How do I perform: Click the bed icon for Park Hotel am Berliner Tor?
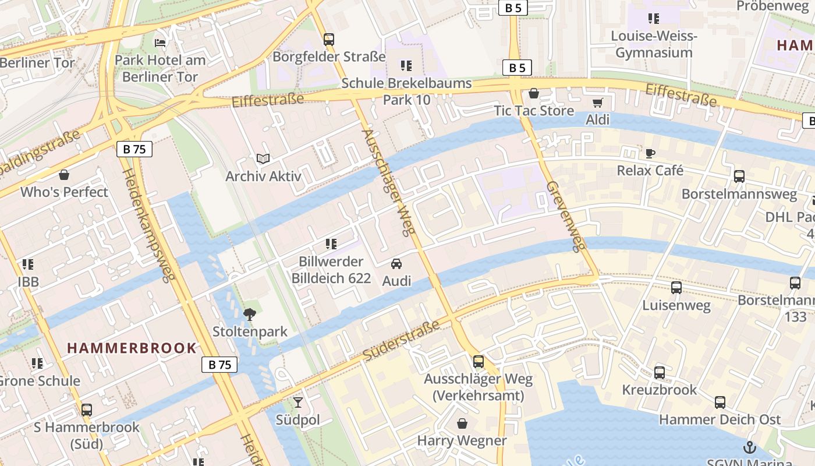click(x=160, y=43)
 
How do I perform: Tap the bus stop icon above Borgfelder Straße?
click(x=329, y=40)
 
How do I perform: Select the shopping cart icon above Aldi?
click(x=597, y=103)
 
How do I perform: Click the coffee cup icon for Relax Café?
click(x=650, y=153)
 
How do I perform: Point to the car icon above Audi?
click(x=396, y=264)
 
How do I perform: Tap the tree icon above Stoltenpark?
click(x=250, y=315)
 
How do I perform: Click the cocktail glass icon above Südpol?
click(x=298, y=403)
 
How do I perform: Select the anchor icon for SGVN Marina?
click(x=749, y=448)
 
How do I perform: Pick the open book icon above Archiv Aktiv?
click(x=263, y=158)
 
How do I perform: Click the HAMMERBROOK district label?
click(x=132, y=348)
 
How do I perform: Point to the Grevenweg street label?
click(x=564, y=216)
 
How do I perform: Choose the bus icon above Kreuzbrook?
click(x=660, y=373)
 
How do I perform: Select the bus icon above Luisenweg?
click(x=676, y=287)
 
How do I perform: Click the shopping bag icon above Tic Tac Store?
click(x=534, y=93)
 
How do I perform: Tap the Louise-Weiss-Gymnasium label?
click(x=654, y=44)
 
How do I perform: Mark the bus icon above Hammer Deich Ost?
click(x=720, y=402)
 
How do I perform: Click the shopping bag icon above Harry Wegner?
click(x=462, y=423)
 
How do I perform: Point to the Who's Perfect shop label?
click(x=64, y=192)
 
